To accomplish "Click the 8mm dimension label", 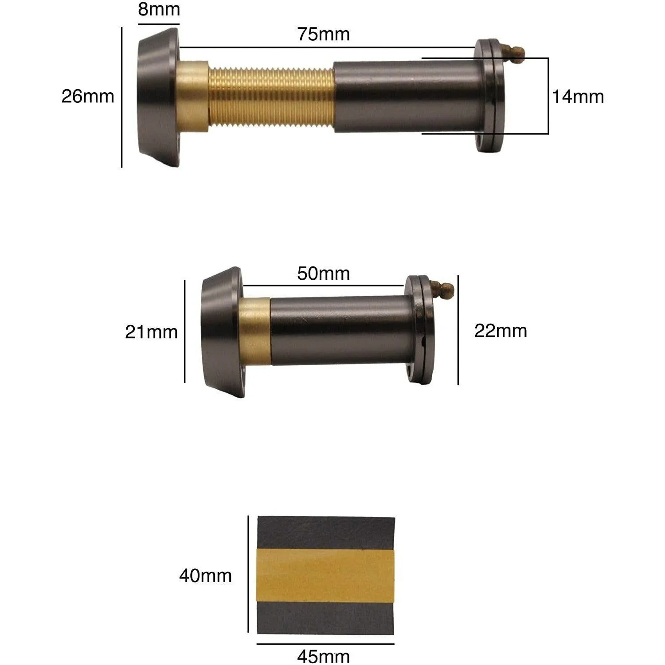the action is (x=159, y=9).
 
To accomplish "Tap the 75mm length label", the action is (x=323, y=34).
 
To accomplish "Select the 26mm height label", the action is (x=88, y=96).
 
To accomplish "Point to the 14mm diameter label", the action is (x=578, y=97).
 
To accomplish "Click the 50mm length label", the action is (x=323, y=274).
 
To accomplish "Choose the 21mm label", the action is (x=151, y=332).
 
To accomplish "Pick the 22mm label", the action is (x=501, y=331).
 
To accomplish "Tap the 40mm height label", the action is (x=205, y=575).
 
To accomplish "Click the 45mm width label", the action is (x=323, y=657).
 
